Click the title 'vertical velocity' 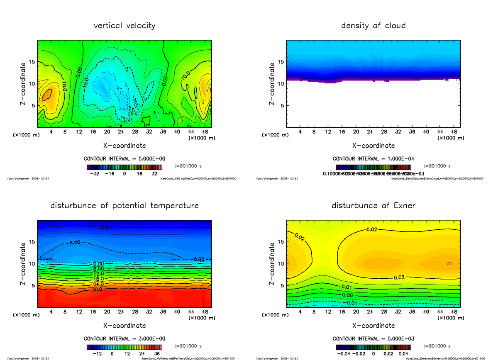point(124,26)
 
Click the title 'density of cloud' point(373,26)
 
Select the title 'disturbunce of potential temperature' point(124,206)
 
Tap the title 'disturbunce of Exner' point(373,206)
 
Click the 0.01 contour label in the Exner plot point(347,287)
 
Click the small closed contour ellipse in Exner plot point(449,263)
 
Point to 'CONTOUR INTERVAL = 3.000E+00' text point(124,338)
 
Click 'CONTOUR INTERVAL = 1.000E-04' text point(373,159)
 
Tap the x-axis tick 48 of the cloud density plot point(454,132)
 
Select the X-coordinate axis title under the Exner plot point(373,326)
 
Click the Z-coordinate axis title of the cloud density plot point(273,83)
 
